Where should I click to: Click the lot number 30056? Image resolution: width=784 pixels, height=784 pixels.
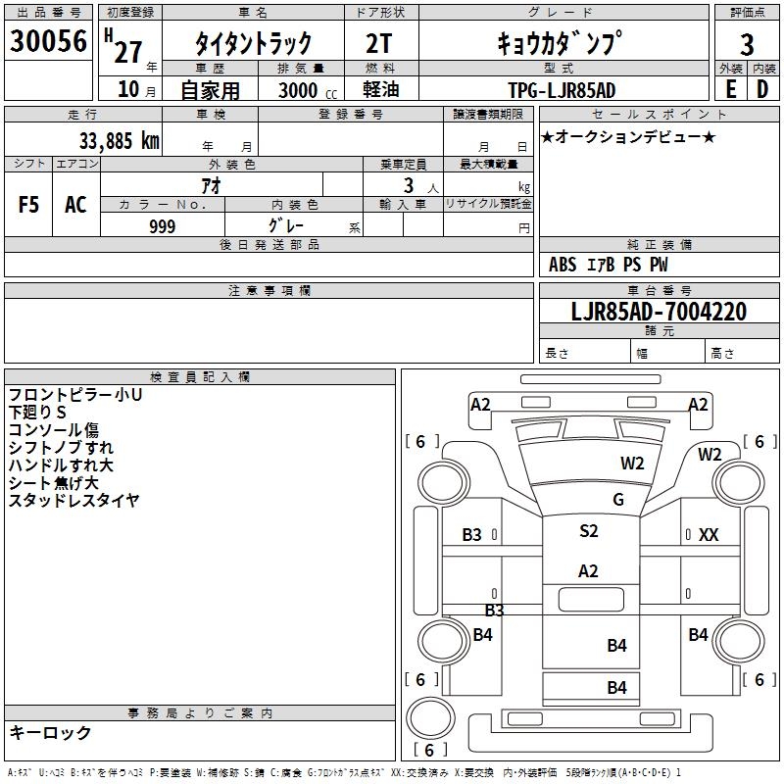click(x=48, y=41)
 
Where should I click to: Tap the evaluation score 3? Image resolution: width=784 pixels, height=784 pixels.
click(x=747, y=45)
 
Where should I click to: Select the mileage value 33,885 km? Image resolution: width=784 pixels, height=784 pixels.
click(x=119, y=141)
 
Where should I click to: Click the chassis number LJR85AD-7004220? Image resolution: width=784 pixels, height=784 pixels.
click(x=659, y=312)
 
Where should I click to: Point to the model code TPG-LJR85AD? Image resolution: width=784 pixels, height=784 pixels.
click(x=562, y=90)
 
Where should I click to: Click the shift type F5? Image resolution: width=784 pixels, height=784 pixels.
click(x=28, y=205)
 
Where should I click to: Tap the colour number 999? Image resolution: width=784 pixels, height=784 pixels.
click(x=163, y=226)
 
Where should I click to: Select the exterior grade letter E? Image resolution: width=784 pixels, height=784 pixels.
click(x=731, y=89)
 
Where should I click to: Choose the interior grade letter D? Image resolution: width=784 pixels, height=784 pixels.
click(x=762, y=89)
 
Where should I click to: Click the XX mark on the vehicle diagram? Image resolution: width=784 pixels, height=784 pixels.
click(x=709, y=535)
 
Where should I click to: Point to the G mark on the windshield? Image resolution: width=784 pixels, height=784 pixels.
click(x=618, y=500)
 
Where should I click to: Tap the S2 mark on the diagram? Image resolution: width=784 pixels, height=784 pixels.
click(x=589, y=530)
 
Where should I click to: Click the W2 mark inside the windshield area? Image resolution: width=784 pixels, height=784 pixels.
click(x=632, y=464)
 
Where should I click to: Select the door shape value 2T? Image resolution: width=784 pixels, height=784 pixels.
click(x=379, y=43)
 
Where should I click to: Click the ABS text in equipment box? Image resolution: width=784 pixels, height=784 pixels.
click(x=563, y=265)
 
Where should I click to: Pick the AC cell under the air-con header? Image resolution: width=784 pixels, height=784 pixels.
click(x=75, y=205)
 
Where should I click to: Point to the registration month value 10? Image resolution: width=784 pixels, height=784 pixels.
click(x=128, y=89)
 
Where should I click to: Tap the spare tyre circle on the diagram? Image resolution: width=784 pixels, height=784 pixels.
click(x=430, y=717)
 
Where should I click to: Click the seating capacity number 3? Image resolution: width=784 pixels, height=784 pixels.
click(x=409, y=185)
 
